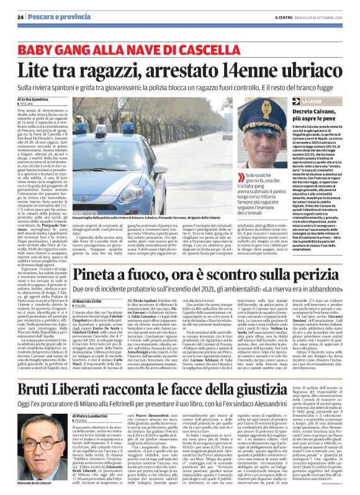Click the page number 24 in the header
(20, 17)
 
